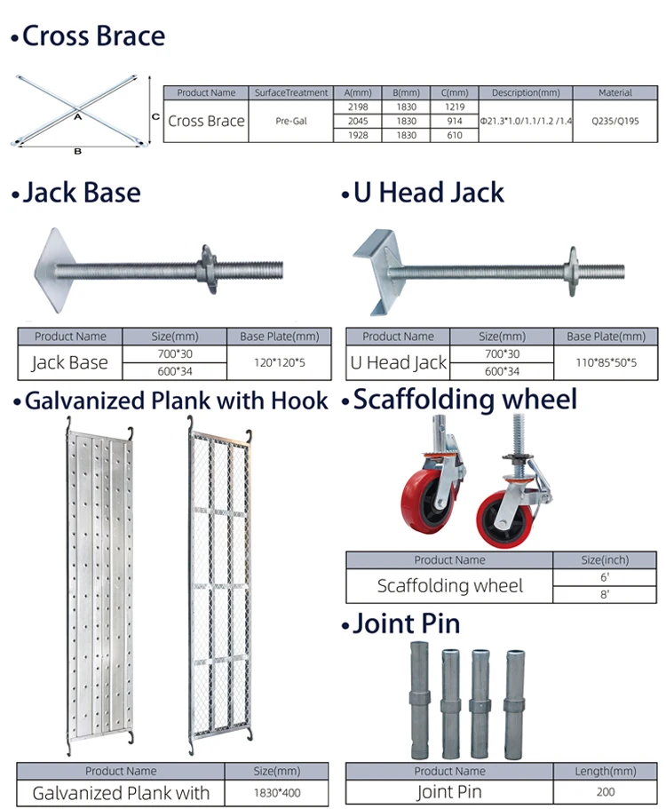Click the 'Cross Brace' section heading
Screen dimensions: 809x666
pyautogui.click(x=92, y=36)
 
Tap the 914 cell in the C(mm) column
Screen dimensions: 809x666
pyautogui.click(x=454, y=120)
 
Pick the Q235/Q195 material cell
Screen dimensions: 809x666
pyautogui.click(x=615, y=120)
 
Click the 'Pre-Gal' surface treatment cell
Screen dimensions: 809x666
pyautogui.click(x=292, y=120)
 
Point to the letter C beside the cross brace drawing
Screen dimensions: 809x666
pyautogui.click(x=155, y=116)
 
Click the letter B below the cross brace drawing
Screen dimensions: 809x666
pyautogui.click(x=77, y=152)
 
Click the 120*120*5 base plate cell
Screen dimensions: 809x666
pyautogui.click(x=280, y=361)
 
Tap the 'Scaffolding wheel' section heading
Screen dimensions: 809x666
pyautogui.click(x=464, y=400)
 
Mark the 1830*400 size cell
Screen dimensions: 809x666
pyautogui.click(x=276, y=791)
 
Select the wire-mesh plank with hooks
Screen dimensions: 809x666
pyautogui.click(x=219, y=586)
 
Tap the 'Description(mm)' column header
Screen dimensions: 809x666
pyautogui.click(x=526, y=92)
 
